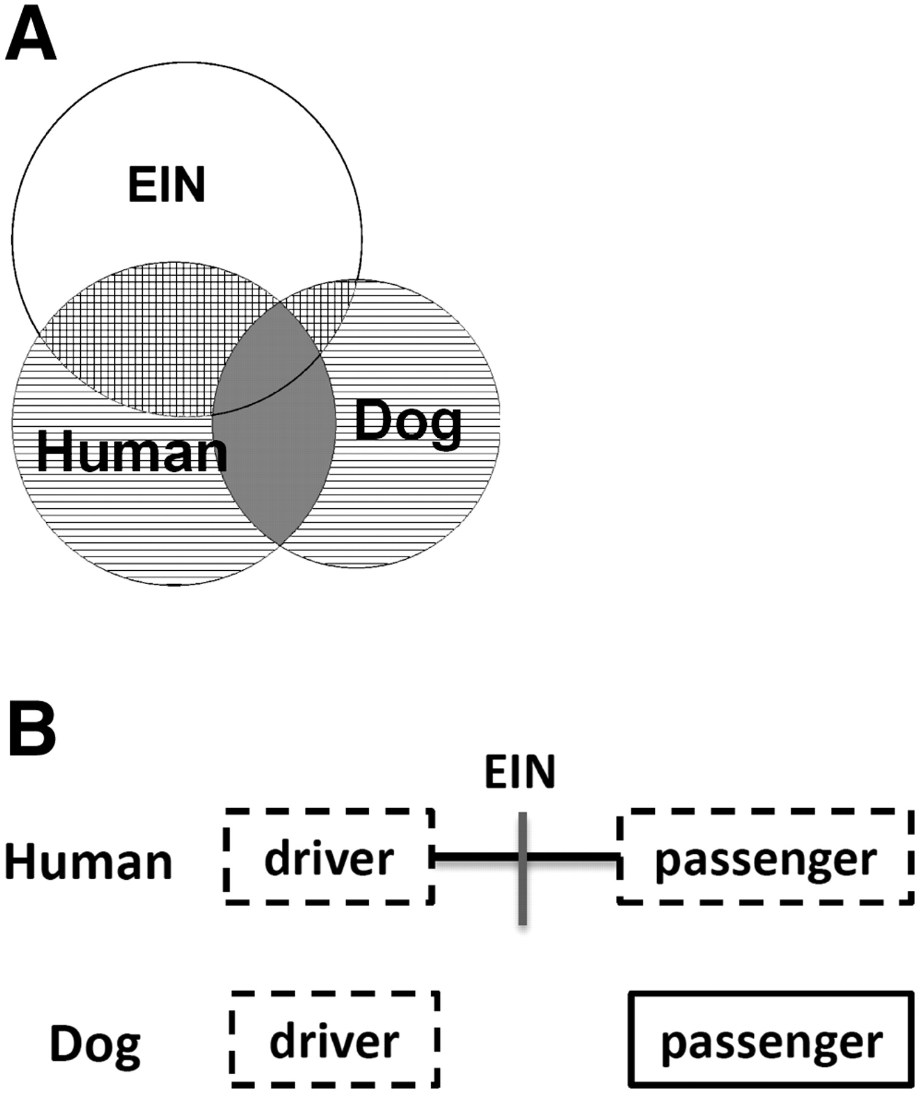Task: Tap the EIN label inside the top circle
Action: pos(166,185)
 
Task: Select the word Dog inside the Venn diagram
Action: pos(408,421)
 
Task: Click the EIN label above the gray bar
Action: pos(520,772)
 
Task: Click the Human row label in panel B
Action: pos(89,862)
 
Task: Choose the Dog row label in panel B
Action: pos(95,1044)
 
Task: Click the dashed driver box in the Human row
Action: pos(330,857)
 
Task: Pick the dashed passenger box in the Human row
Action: pos(765,857)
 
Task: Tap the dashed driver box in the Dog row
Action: pos(335,1039)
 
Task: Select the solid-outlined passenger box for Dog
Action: pos(771,1039)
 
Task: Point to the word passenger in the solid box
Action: pos(771,1043)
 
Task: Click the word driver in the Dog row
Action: pos(335,1041)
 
